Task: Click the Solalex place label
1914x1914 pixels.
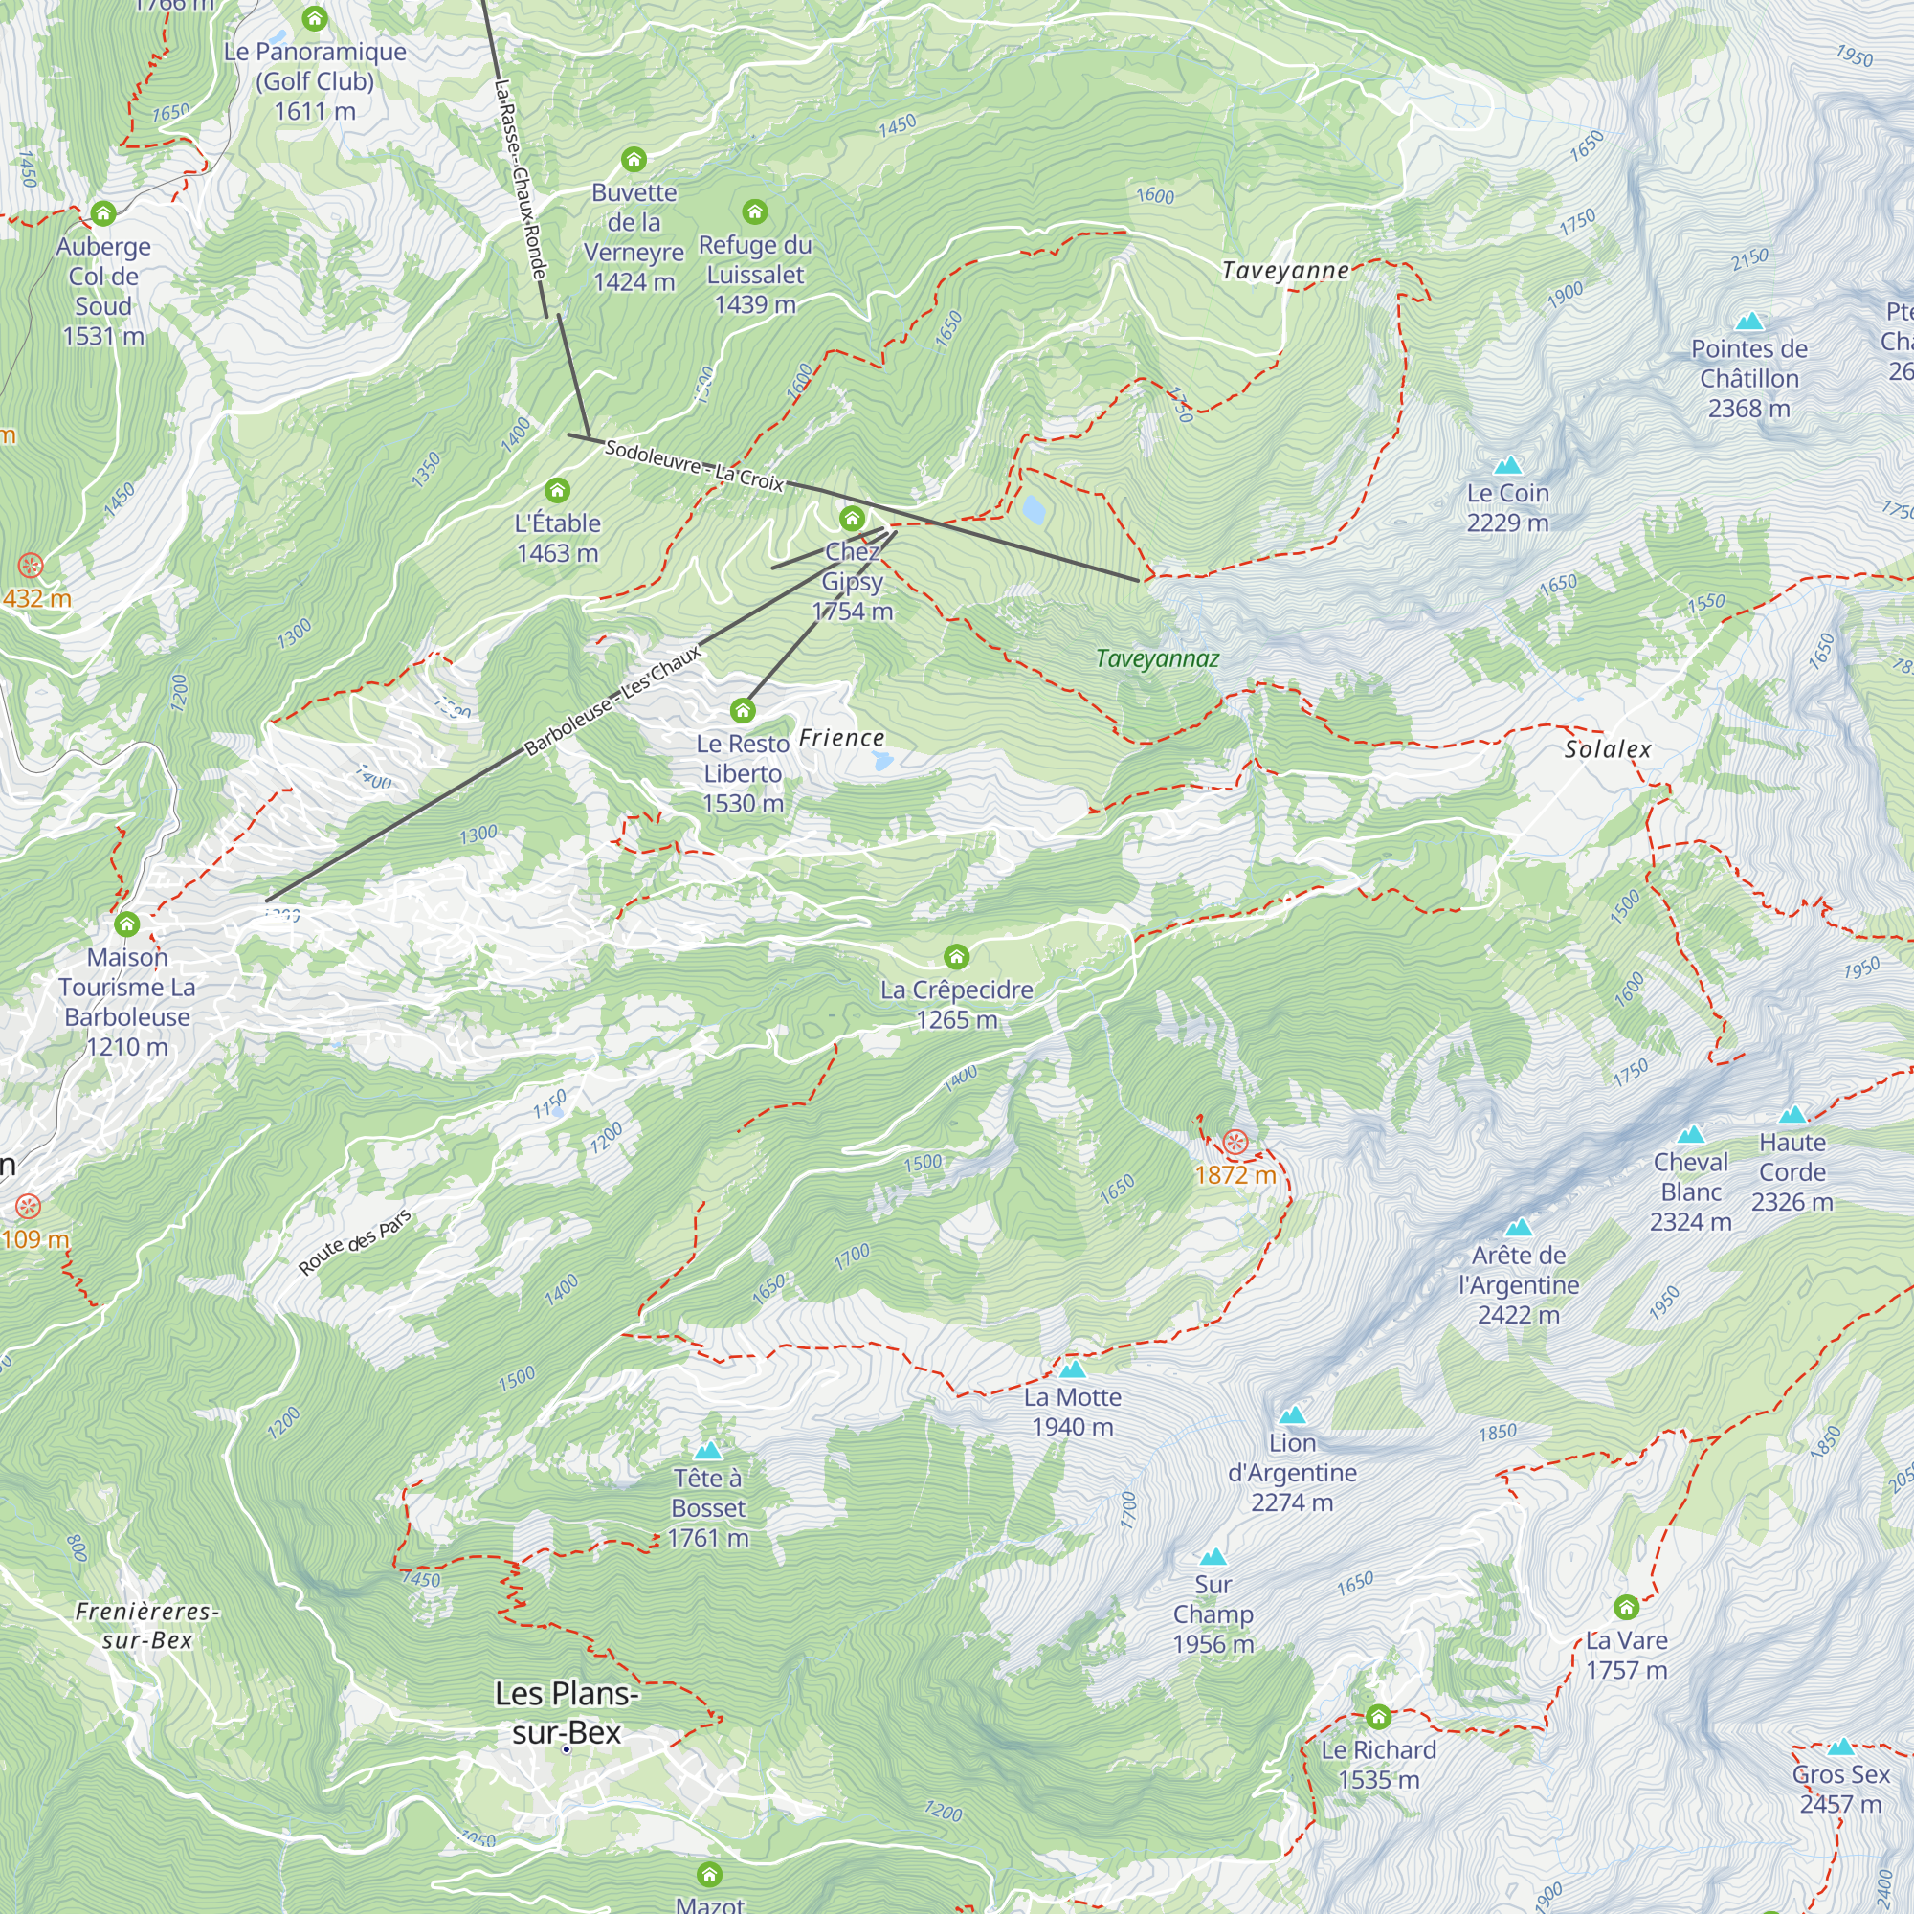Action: click(x=1608, y=749)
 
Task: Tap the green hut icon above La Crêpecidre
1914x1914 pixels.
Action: click(x=956, y=956)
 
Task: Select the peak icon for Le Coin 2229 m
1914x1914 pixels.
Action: click(x=1508, y=465)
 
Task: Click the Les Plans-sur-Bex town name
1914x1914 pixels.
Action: click(x=567, y=1713)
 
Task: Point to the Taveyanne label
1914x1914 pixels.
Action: click(x=1285, y=271)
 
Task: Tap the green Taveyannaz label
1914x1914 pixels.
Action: click(x=1157, y=658)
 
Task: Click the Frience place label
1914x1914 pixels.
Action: click(x=841, y=738)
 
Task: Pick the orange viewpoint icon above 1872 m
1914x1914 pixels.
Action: click(x=1235, y=1143)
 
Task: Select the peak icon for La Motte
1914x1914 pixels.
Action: click(x=1073, y=1370)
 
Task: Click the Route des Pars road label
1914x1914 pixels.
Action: click(x=355, y=1242)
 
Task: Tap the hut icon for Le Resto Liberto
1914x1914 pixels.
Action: click(x=743, y=710)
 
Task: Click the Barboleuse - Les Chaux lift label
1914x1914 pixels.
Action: click(x=612, y=700)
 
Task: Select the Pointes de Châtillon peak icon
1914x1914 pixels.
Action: click(x=1749, y=321)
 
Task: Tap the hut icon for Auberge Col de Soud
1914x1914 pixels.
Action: click(x=103, y=213)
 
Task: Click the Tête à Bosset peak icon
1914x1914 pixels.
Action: click(x=707, y=1452)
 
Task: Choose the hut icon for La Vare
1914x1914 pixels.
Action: click(x=1626, y=1606)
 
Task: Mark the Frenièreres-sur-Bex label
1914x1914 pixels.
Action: click(x=146, y=1626)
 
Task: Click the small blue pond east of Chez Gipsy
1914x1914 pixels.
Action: click(x=1034, y=509)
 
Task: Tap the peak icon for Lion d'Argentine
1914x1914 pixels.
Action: click(x=1292, y=1414)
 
